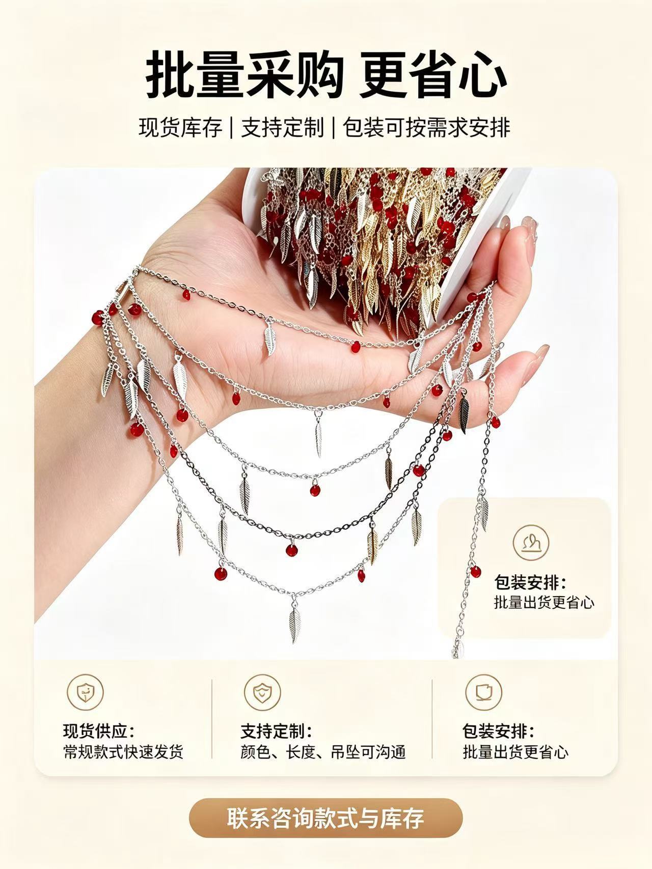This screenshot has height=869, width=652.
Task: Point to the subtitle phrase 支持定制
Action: click(282, 127)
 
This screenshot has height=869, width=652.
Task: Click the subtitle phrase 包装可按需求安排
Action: click(426, 127)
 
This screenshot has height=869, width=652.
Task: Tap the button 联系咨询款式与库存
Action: click(325, 819)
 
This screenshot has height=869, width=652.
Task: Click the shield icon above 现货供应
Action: click(85, 692)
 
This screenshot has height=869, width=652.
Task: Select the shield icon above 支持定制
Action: click(263, 692)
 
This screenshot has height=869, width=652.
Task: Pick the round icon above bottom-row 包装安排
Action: click(483, 692)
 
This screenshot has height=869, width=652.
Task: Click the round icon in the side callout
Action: click(531, 542)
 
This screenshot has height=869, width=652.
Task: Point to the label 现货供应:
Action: click(99, 732)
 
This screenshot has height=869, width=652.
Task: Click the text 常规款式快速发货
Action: click(123, 752)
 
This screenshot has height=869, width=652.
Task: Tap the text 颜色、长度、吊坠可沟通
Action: click(323, 752)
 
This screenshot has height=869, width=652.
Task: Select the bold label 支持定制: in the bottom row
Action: click(277, 732)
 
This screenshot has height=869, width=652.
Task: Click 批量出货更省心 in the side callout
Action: click(544, 602)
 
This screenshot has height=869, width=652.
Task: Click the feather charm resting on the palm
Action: click(268, 339)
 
